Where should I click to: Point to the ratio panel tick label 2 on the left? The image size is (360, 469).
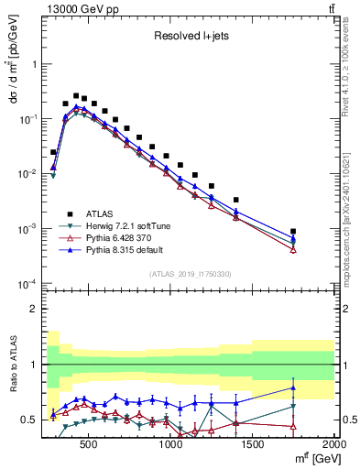[33, 309]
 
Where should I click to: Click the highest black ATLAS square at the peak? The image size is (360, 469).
[77, 94]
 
